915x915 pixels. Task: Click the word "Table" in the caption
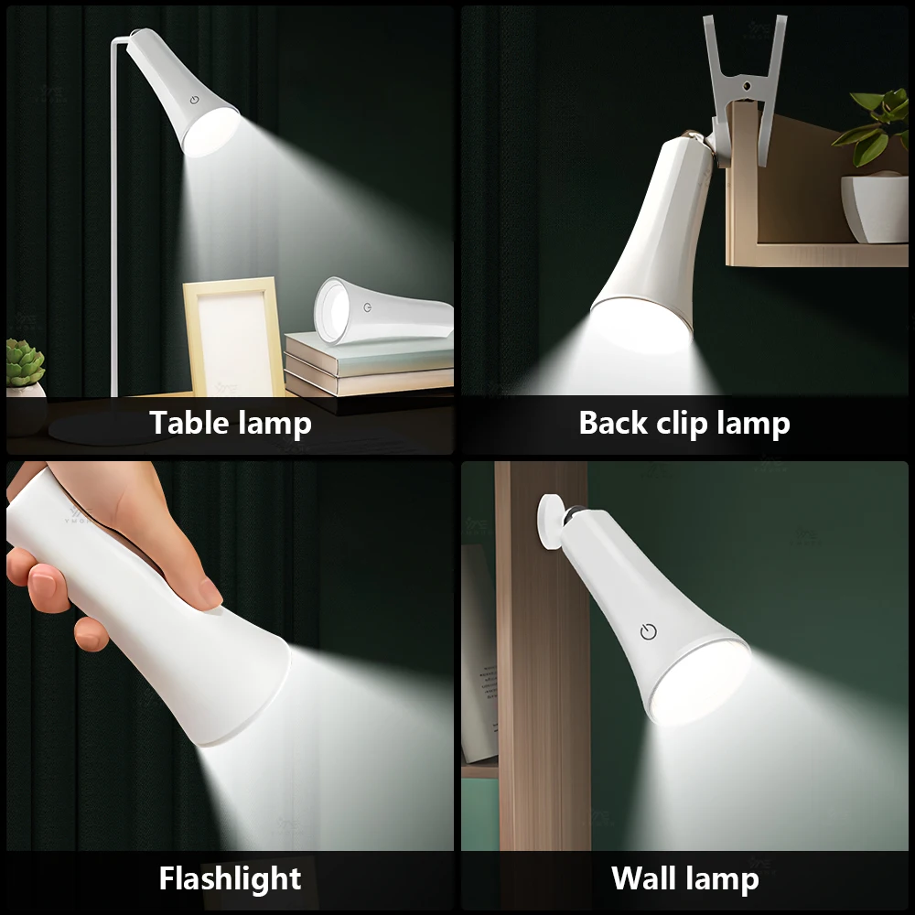tap(188, 424)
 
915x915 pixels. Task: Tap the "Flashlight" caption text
tap(230, 879)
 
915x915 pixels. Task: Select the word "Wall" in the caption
tap(643, 879)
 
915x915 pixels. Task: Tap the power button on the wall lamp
tap(648, 632)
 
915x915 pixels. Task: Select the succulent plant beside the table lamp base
tap(25, 362)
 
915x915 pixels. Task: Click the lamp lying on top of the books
tap(384, 311)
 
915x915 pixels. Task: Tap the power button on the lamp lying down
tap(367, 308)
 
